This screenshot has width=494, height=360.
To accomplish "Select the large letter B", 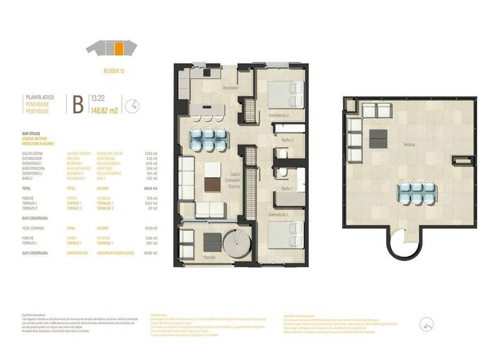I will coord(77,104).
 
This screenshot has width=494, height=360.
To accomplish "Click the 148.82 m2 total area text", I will coord(104,110).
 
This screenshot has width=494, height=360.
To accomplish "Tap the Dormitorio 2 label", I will coord(278,115).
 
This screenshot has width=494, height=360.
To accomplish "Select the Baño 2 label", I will coord(288,139).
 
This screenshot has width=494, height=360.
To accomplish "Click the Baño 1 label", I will coord(288,188).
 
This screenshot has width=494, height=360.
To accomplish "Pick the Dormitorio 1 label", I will coord(278,213).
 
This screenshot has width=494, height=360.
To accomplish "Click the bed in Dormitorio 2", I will coord(286,95).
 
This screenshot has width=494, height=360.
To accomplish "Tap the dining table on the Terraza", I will coord(414,191).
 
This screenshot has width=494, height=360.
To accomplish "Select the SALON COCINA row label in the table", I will coord(33,154).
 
